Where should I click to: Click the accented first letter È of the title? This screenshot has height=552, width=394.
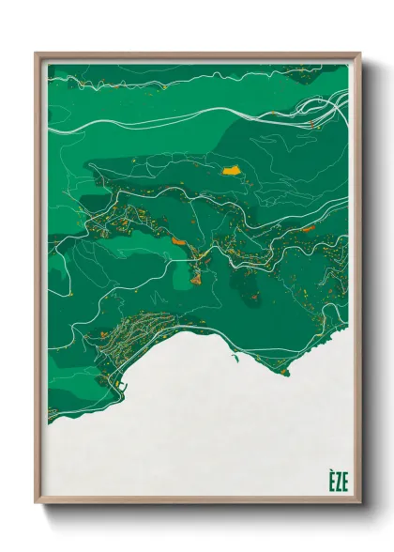coord(331,481)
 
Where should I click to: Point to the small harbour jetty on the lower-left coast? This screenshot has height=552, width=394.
coord(119,386)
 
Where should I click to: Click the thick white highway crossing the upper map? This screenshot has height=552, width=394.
coord(188,118)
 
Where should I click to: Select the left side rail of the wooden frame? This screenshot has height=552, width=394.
coord(38,282)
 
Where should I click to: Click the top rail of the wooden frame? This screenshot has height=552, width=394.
coord(197,57)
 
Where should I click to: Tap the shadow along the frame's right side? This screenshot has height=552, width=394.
coord(368,282)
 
